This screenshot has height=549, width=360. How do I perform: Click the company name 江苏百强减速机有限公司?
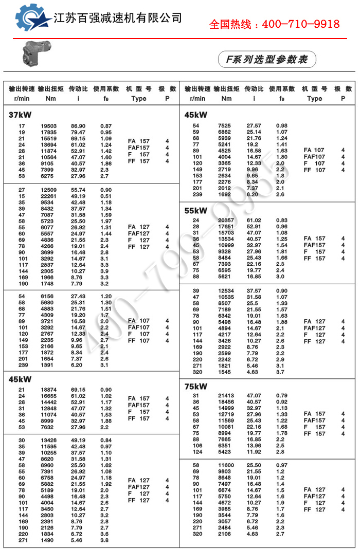(118, 18)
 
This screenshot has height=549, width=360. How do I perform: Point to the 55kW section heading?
(196, 210)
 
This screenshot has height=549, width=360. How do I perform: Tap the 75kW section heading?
(196, 386)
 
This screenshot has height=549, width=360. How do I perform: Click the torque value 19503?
(49, 126)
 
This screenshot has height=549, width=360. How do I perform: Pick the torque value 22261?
(49, 196)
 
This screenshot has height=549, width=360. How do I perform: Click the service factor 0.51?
(106, 196)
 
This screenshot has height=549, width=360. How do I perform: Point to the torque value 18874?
(49, 390)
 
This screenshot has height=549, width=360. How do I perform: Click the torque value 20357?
(224, 220)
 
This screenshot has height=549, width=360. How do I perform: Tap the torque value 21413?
(224, 396)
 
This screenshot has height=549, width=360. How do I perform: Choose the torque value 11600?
(224, 465)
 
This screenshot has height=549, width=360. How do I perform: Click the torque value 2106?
(224, 535)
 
